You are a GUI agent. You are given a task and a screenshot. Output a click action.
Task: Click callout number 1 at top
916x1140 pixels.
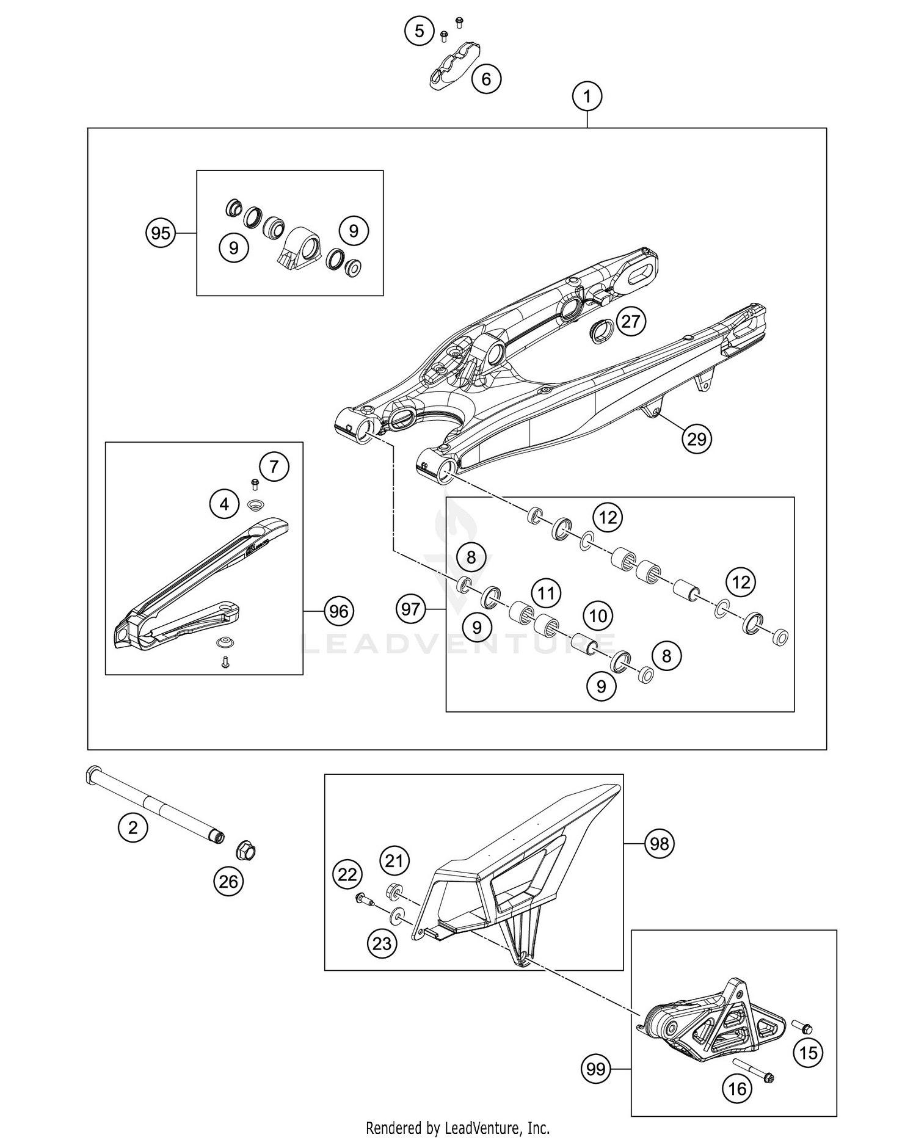click(x=587, y=96)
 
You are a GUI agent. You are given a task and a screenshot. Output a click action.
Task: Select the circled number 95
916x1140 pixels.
click(x=161, y=233)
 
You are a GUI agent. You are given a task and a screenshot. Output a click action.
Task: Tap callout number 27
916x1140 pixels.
click(x=630, y=321)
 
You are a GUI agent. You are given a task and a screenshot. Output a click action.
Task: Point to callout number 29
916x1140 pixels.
click(x=697, y=438)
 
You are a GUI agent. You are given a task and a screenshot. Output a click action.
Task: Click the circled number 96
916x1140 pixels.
click(x=339, y=611)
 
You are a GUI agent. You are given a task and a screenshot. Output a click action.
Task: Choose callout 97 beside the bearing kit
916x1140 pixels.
click(x=411, y=609)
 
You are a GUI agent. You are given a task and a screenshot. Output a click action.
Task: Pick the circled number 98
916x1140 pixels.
click(x=660, y=844)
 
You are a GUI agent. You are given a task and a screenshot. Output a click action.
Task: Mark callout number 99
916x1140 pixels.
click(x=596, y=1069)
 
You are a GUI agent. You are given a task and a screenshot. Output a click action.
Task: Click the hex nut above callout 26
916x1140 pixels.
click(x=246, y=851)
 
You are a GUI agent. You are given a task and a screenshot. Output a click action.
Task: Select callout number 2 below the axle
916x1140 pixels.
click(x=133, y=828)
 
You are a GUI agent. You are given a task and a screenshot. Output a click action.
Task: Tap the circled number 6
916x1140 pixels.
click(x=486, y=79)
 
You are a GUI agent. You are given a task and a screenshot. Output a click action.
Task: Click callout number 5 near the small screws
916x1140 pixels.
click(x=420, y=31)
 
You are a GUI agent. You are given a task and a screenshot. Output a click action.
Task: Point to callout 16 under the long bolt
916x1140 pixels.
click(x=737, y=1089)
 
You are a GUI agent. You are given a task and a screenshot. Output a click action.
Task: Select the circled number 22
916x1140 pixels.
click(x=347, y=875)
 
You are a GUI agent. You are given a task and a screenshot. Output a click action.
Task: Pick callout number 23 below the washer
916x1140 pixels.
click(x=382, y=943)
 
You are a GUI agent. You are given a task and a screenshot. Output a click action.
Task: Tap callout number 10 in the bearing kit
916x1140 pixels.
click(x=598, y=615)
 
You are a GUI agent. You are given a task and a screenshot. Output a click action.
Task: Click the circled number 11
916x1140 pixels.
click(x=546, y=592)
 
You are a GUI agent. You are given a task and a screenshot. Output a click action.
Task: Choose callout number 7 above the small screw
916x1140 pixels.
click(x=274, y=467)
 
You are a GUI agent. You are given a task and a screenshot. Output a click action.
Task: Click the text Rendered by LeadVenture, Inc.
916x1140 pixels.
click(x=457, y=1127)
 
